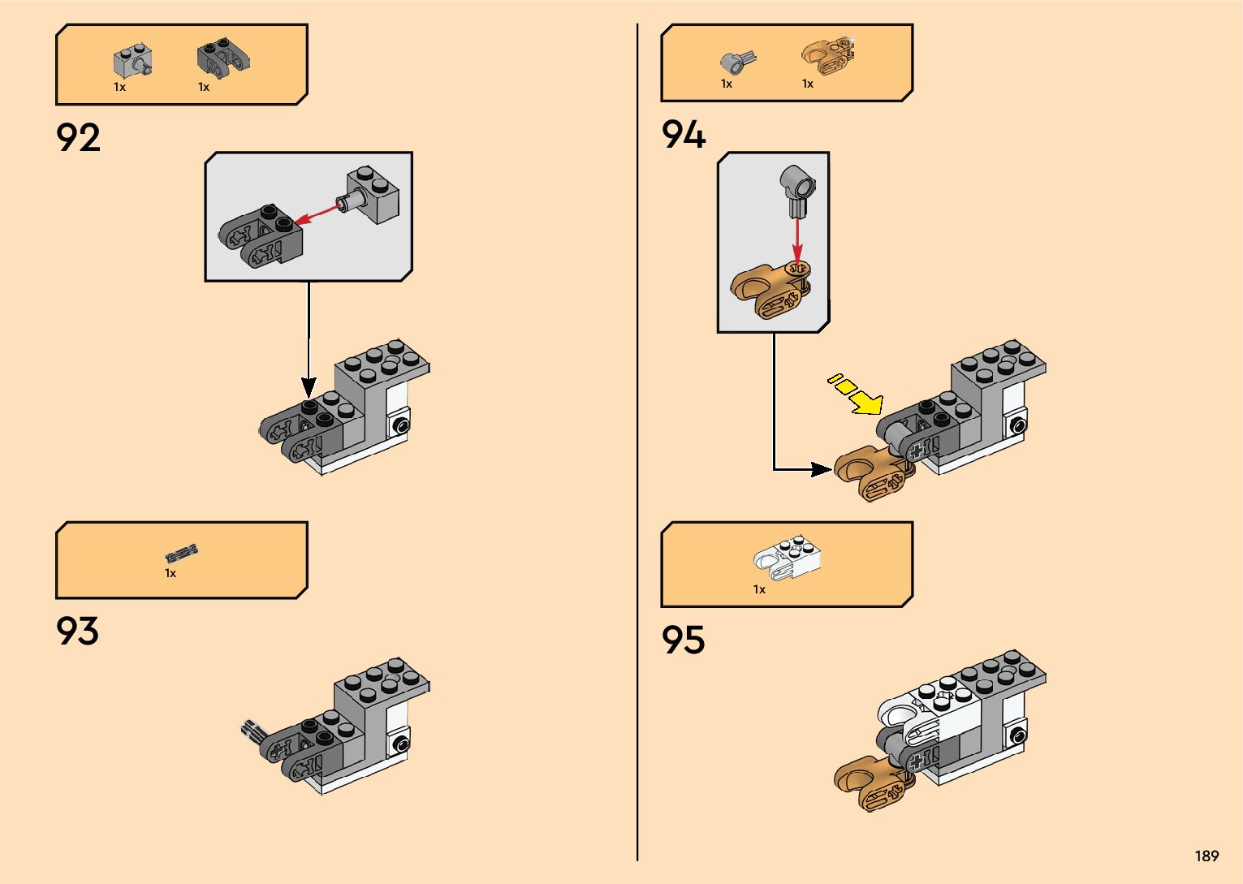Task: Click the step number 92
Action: (x=79, y=138)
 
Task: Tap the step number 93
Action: (x=78, y=632)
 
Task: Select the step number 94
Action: (x=684, y=135)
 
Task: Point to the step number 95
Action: (x=684, y=640)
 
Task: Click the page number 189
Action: (x=1206, y=856)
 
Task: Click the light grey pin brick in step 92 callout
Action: (x=373, y=195)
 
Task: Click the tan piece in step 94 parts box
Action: (x=827, y=57)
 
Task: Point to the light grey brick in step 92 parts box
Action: (x=133, y=61)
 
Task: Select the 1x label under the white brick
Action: (x=759, y=589)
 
